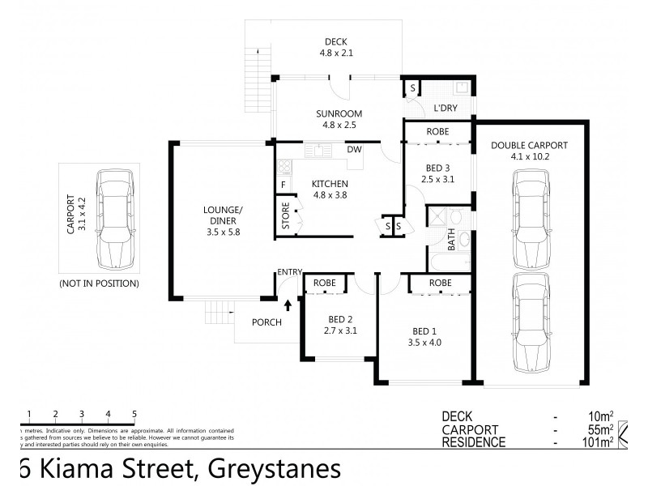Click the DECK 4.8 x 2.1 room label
pyautogui.click(x=335, y=48)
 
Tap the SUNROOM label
pyautogui.click(x=339, y=119)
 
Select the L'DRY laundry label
pyautogui.click(x=446, y=108)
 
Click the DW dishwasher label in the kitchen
pyautogui.click(x=354, y=149)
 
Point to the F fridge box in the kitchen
pyautogui.click(x=283, y=185)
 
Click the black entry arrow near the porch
pyautogui.click(x=288, y=305)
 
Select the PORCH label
pyautogui.click(x=266, y=322)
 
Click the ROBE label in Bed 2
pyautogui.click(x=326, y=283)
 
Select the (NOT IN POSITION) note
pyautogui.click(x=99, y=283)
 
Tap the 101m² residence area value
pyautogui.click(x=599, y=442)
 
